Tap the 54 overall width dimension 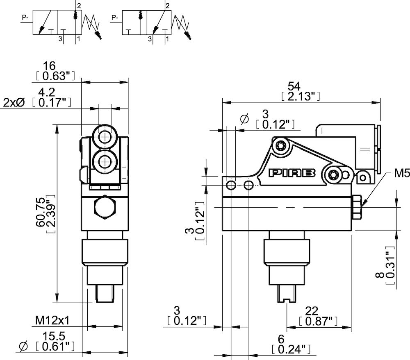(294, 86)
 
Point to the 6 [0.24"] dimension (280, 339)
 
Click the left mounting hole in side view (232, 185)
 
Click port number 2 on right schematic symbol (167, 5)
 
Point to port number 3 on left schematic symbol (60, 39)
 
